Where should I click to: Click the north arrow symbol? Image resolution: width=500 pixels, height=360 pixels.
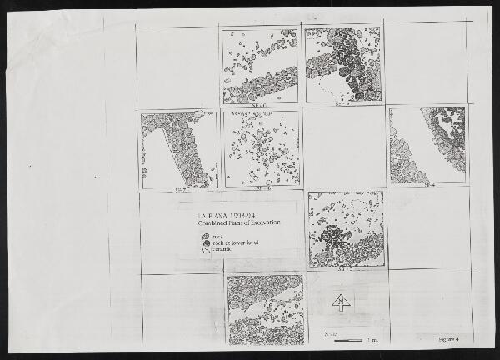(340, 302)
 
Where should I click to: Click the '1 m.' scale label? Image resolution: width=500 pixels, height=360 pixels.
(372, 340)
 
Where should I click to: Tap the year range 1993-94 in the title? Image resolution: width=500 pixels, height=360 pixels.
(240, 216)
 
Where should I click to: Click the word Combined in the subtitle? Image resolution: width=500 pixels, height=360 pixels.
(212, 224)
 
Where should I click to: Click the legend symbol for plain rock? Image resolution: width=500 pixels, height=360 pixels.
(206, 237)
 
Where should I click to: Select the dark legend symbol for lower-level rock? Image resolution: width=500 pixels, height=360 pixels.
(206, 243)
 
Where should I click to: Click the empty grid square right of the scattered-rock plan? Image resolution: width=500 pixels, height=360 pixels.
(344, 146)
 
